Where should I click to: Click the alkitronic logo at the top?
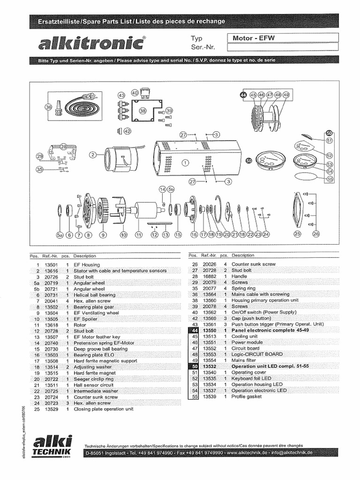(91, 43)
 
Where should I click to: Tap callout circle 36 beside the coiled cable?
(48, 107)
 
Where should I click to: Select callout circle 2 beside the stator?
(93, 155)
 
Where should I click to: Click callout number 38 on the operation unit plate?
(143, 111)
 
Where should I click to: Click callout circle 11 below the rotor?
(139, 234)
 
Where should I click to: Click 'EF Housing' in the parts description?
(87, 265)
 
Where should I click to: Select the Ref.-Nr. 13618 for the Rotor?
(51, 325)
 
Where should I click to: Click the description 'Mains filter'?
(244, 360)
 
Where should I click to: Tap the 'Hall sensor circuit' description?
(94, 385)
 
